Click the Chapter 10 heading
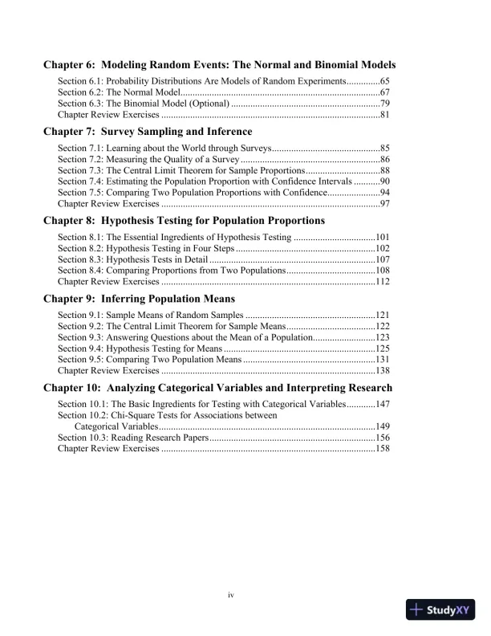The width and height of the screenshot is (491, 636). point(217,388)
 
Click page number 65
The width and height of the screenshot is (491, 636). point(384,82)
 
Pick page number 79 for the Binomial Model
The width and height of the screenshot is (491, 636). point(384,104)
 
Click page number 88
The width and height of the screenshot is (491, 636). point(384,171)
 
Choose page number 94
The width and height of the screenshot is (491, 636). point(384,194)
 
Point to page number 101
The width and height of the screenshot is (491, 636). point(382,238)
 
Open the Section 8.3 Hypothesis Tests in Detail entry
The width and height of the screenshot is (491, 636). point(132,260)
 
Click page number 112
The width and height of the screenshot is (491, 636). point(382,283)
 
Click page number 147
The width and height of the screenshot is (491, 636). point(382,405)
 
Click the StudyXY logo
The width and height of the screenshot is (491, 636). point(440,610)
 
